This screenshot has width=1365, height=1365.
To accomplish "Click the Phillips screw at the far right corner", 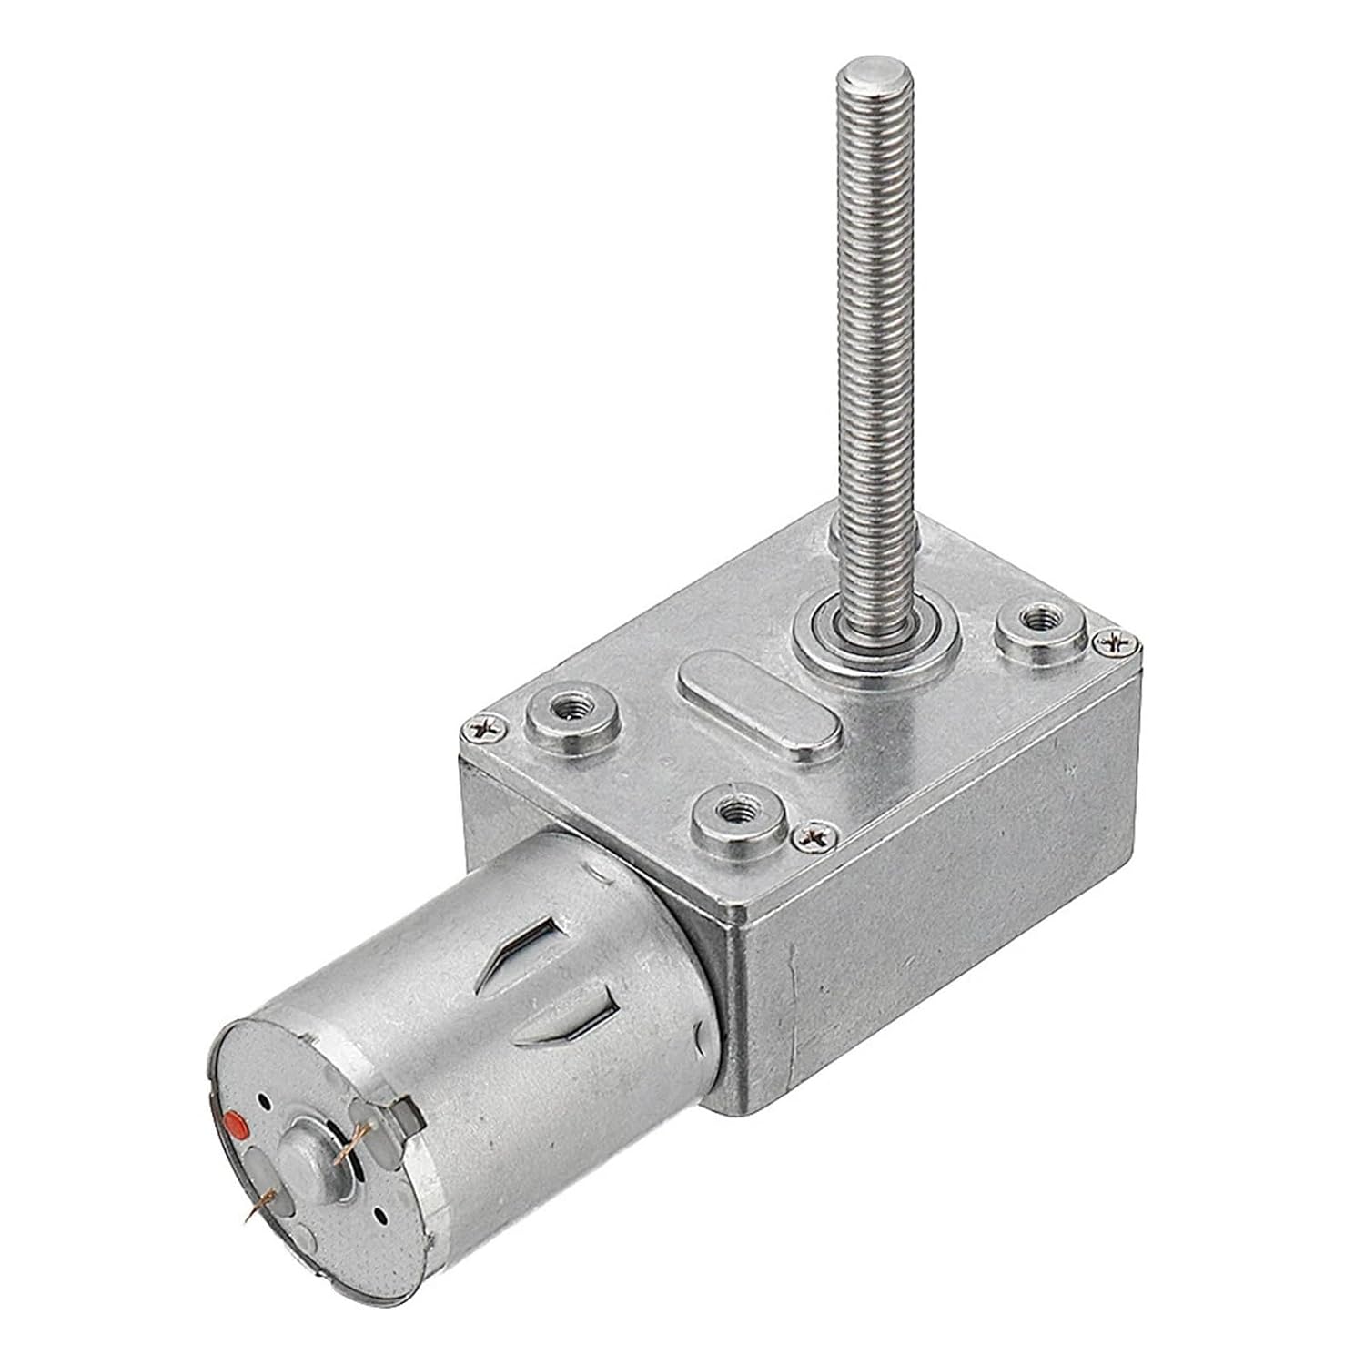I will pyautogui.click(x=1116, y=642).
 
